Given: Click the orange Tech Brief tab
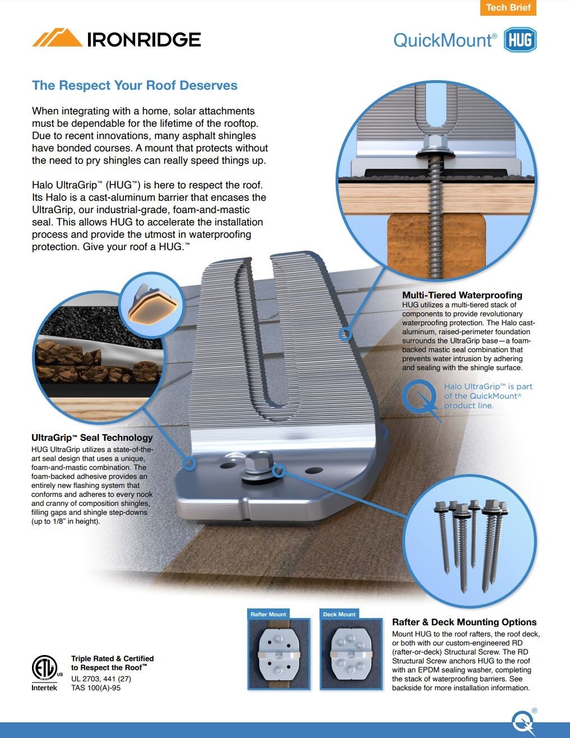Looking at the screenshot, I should [x=508, y=8].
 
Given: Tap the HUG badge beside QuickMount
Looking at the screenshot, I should [x=520, y=40].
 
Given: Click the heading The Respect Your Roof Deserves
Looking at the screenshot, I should [x=135, y=85].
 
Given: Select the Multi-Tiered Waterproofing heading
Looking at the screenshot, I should [x=462, y=295].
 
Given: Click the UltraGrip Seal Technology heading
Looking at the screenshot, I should [x=92, y=437].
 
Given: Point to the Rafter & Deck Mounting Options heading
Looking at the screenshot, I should [x=464, y=622].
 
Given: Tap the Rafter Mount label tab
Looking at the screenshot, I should [x=268, y=614].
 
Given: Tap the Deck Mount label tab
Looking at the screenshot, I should [x=339, y=614].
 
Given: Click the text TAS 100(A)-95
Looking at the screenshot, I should [x=96, y=688].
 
